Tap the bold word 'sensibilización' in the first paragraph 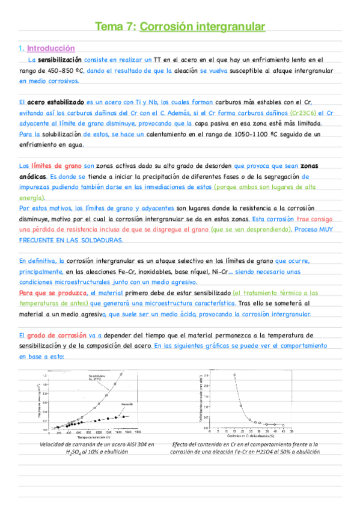pyautogui.click(x=59, y=60)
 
